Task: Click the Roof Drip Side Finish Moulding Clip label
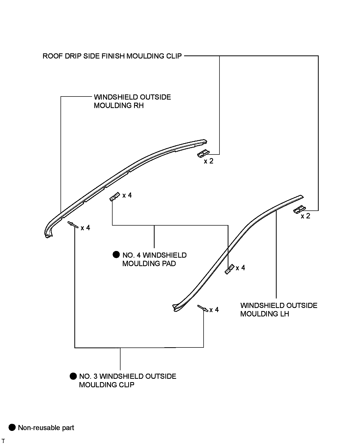pyautogui.click(x=112, y=56)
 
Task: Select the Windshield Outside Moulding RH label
pyautogui.click(x=132, y=101)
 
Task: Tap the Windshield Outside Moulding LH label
pyautogui.click(x=279, y=309)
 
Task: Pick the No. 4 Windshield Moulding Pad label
pyautogui.click(x=154, y=259)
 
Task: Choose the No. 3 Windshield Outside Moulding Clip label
pyautogui.click(x=127, y=380)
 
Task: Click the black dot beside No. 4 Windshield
pyautogui.click(x=116, y=255)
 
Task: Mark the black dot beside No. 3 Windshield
pyautogui.click(x=73, y=376)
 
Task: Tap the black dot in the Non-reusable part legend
pyautogui.click(x=12, y=428)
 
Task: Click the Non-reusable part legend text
pyautogui.click(x=46, y=428)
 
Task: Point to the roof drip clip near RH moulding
pyautogui.click(x=203, y=153)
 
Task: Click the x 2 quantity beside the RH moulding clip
pyautogui.click(x=208, y=161)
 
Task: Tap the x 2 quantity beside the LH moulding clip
pyautogui.click(x=305, y=216)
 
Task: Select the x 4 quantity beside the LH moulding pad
pyautogui.click(x=240, y=268)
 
